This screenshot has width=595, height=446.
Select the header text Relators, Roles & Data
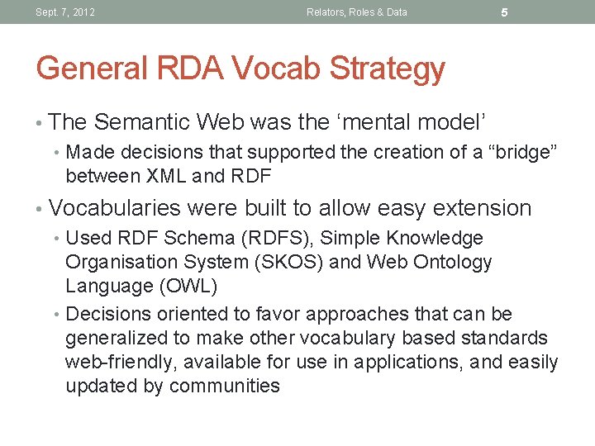pos(356,12)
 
